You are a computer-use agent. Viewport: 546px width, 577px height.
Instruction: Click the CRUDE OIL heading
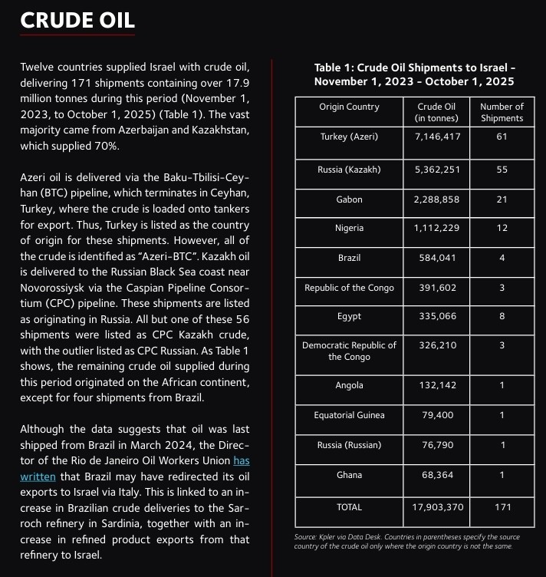point(77,20)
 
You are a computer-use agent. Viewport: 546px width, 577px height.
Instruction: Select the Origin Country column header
point(349,107)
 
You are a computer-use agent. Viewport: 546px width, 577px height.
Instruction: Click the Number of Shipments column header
point(502,112)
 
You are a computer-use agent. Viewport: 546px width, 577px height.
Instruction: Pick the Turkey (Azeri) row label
point(349,137)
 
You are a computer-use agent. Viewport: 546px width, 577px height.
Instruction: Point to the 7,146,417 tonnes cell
point(436,137)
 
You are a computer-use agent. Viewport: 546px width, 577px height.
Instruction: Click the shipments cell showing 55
point(502,170)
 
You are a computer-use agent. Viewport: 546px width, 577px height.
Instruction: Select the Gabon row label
point(349,199)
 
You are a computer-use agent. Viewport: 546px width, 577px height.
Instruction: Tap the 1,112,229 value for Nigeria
point(436,228)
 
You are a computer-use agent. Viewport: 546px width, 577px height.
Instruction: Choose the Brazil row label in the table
point(349,258)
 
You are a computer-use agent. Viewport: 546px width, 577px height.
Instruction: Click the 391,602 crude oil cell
point(436,288)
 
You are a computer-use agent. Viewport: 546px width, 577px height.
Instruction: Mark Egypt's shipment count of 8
point(502,316)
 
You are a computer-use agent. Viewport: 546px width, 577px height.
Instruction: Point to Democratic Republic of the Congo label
point(349,351)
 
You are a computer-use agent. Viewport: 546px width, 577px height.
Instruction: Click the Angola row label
point(349,385)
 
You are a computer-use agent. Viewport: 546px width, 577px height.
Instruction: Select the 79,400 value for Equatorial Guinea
point(436,415)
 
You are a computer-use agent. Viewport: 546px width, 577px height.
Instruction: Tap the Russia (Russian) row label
point(349,445)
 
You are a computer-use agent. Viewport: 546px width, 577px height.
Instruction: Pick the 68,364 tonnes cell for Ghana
point(436,475)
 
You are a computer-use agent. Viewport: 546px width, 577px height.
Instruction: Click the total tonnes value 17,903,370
point(436,507)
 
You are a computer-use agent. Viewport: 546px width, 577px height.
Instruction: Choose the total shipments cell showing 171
point(502,507)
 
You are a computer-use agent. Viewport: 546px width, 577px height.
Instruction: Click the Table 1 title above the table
point(414,74)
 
